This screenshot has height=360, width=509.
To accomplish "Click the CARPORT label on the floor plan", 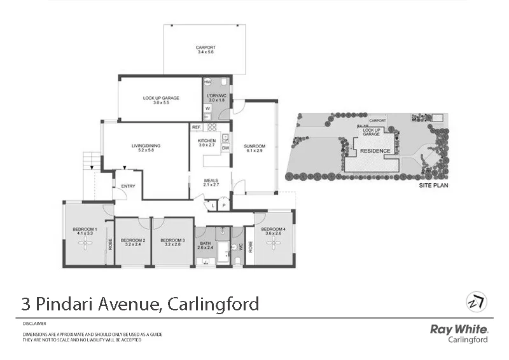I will pos(205,48).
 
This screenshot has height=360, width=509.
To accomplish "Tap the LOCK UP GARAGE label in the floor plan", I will pos(160,99).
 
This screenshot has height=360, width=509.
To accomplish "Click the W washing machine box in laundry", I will pos(207,109).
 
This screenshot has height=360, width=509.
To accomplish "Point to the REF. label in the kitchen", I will pos(197,128).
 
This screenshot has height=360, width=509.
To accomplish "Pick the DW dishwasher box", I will pos(225,148).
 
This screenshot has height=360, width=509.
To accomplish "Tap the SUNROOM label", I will pos(254,146).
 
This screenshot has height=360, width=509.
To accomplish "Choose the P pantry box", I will pos(224,205).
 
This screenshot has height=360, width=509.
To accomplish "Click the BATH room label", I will pos(205,242).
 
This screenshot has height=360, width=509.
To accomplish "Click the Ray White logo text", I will pos(459,329).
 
